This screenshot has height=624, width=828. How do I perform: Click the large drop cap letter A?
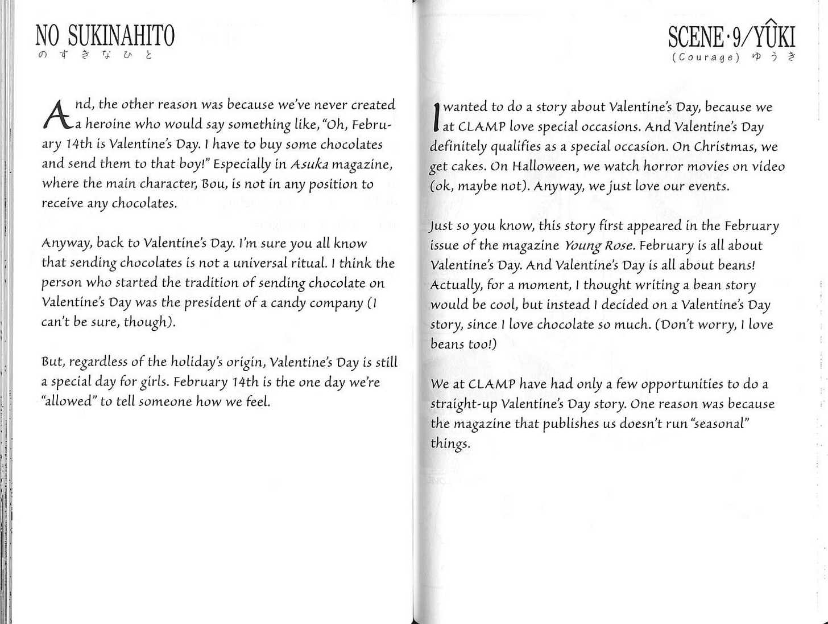pos(57,114)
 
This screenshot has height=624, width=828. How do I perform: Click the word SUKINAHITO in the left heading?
pos(121,36)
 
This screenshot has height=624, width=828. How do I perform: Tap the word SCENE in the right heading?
pos(695,37)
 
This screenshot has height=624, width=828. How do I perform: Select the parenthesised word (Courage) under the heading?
pos(706,57)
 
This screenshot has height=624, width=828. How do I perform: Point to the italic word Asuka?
pos(309,165)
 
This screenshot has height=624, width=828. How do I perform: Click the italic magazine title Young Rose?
pos(599,245)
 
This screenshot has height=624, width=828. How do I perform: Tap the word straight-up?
pos(463,404)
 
